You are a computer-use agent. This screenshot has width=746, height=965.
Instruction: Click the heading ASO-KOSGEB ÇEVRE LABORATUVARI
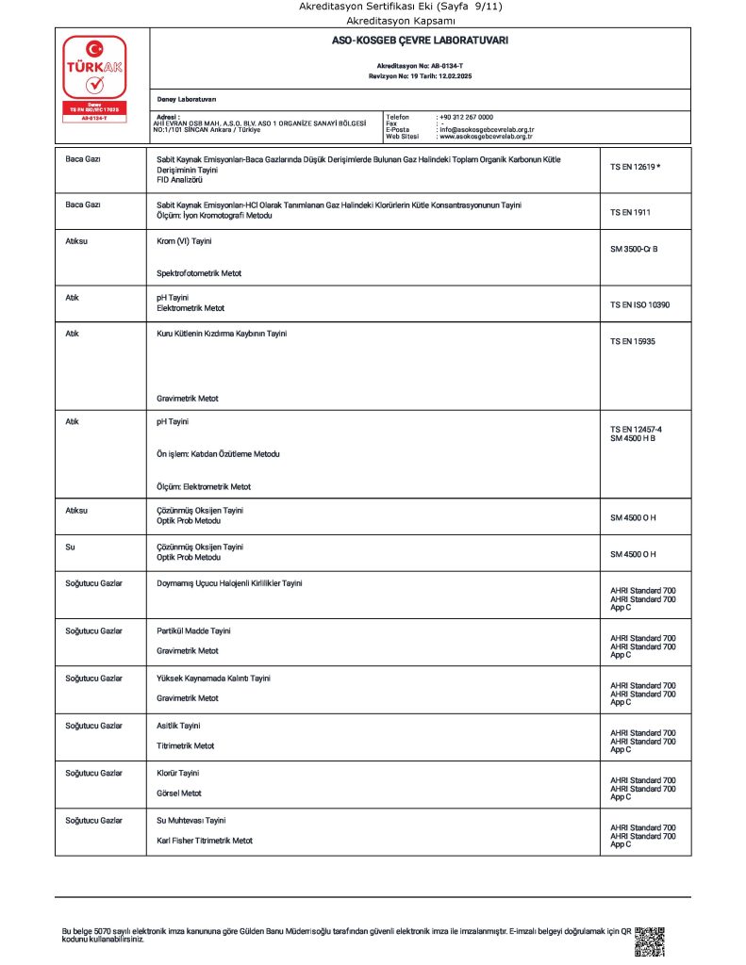tap(420, 41)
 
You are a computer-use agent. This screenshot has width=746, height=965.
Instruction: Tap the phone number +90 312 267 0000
tap(466, 117)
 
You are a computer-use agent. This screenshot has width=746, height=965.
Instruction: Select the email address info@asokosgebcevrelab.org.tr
tap(487, 130)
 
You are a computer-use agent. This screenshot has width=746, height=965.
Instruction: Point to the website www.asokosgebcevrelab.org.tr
tap(486, 137)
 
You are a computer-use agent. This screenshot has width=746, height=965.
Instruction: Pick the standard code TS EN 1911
tap(630, 212)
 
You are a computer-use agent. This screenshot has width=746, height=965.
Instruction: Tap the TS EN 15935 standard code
tap(633, 341)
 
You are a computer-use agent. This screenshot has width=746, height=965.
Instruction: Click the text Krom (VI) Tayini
tap(184, 241)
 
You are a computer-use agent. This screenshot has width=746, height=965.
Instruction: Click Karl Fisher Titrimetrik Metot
tap(205, 840)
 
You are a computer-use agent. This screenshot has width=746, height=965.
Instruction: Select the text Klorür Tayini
tap(177, 773)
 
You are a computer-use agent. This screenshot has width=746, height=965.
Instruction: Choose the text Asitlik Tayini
tap(178, 725)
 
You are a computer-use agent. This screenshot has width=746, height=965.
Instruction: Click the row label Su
tap(70, 547)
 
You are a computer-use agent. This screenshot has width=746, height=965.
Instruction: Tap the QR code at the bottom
tap(650, 941)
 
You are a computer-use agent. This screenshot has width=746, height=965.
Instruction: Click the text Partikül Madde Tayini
tap(193, 630)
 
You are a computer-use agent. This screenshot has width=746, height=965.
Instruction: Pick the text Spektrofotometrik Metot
tap(199, 273)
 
